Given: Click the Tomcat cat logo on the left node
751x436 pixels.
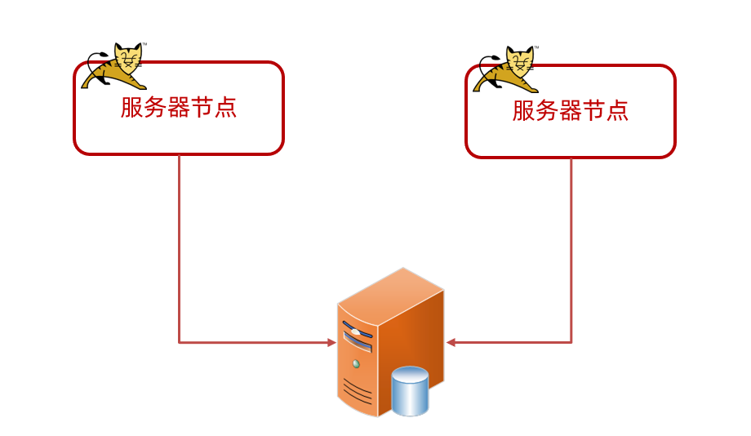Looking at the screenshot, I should coord(115,66).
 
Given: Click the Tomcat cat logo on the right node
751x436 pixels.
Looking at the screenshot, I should coord(507,69).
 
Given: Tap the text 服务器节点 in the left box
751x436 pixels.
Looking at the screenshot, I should coord(179,108).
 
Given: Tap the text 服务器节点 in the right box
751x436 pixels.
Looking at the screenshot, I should coord(571,111).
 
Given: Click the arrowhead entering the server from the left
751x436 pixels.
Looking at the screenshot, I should coord(331,343).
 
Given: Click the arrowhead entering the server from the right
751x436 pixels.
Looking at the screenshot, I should coord(451,343).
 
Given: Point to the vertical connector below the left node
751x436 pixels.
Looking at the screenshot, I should coord(179,245).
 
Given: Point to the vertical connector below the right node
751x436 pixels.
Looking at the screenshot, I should coord(571,245).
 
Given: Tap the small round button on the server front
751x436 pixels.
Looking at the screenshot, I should coord(355,363).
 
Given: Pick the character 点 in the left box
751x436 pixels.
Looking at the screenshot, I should coord(225,108).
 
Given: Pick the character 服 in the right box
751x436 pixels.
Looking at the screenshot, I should coord(524,111).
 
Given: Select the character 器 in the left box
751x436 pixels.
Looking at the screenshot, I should coord(178,108).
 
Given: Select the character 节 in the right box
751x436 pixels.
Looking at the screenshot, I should coord(593,111).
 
